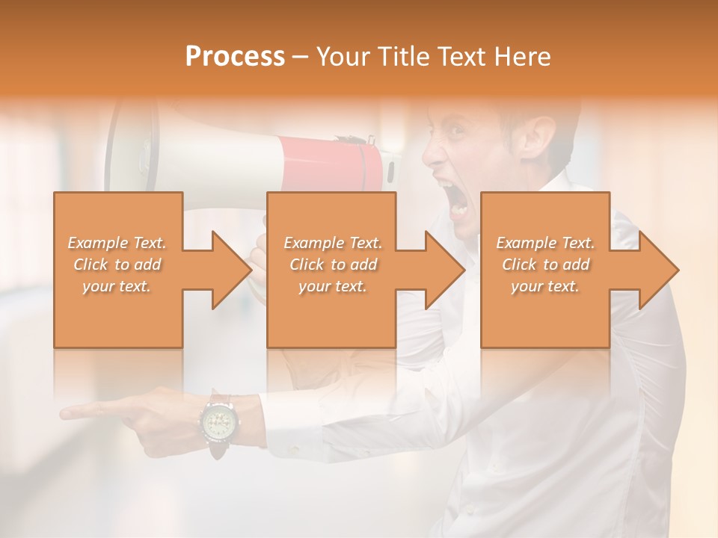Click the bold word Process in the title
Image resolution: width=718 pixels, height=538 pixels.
235,57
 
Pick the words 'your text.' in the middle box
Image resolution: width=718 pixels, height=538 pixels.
332,286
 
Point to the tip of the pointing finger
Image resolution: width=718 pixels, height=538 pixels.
64,412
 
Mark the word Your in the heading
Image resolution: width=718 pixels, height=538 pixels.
342,57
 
